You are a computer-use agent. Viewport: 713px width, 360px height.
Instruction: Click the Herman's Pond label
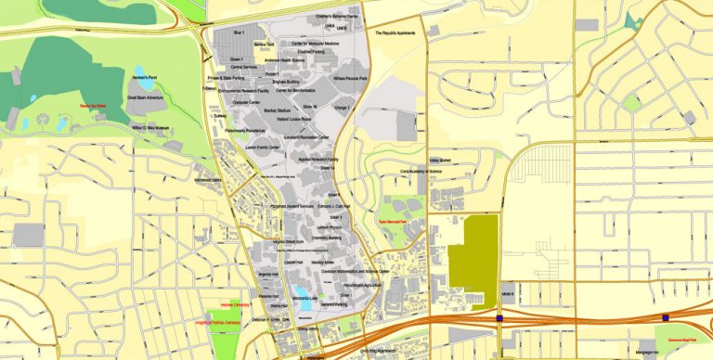[x=148, y=75]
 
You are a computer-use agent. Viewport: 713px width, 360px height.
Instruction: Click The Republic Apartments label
[x=398, y=33]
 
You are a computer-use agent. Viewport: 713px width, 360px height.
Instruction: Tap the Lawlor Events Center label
[x=265, y=147]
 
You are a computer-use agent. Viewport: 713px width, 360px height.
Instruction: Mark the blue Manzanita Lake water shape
[x=305, y=302]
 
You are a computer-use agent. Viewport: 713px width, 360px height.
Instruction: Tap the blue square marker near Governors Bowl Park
[x=665, y=316]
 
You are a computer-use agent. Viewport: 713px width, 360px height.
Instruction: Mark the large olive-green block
[x=473, y=252]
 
